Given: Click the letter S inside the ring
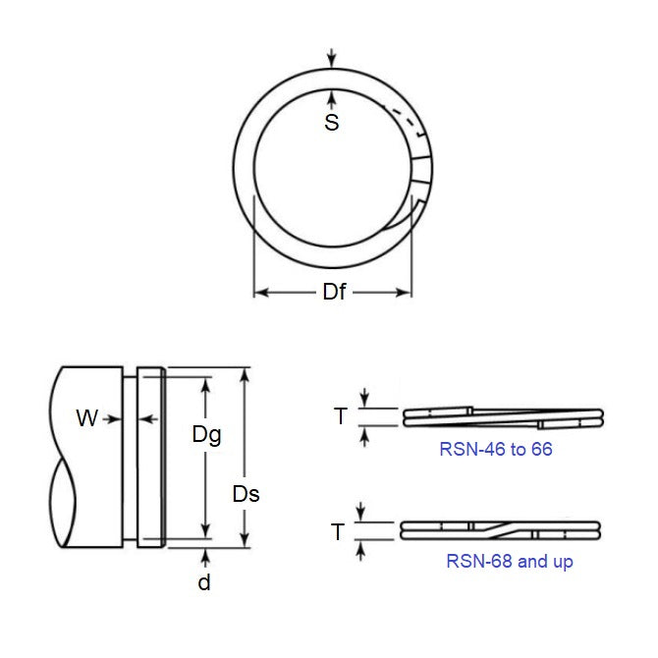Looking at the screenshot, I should point(332,123).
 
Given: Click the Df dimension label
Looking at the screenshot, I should point(334,293).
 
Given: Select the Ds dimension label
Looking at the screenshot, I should point(246,494).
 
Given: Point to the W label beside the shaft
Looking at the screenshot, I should point(87,419).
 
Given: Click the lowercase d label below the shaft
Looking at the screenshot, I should point(204,581).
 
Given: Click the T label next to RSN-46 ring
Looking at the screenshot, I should point(341,416).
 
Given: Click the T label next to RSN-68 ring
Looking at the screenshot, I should point(338,532).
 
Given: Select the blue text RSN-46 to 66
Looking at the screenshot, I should point(496,449).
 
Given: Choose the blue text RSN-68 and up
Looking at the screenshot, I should point(510,562).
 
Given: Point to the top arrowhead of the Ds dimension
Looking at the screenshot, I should point(246,374).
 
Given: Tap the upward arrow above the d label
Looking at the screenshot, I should point(204,557).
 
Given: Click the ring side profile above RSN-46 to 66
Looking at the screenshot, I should point(502,416).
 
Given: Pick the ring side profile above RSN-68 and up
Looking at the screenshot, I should point(502,530).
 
